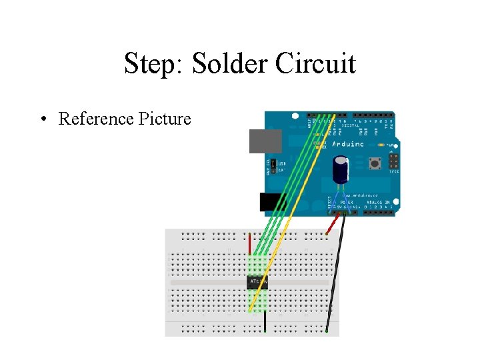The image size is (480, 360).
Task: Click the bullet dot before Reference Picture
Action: click(x=42, y=119)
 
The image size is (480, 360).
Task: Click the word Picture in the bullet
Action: click(x=164, y=119)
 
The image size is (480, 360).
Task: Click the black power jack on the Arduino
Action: click(x=273, y=202)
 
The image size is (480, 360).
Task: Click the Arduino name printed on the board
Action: click(x=347, y=143)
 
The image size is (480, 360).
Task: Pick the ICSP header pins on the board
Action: click(x=392, y=162)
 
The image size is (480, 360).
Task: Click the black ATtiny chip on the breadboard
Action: click(x=257, y=283)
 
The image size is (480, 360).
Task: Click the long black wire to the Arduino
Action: click(x=336, y=273)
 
